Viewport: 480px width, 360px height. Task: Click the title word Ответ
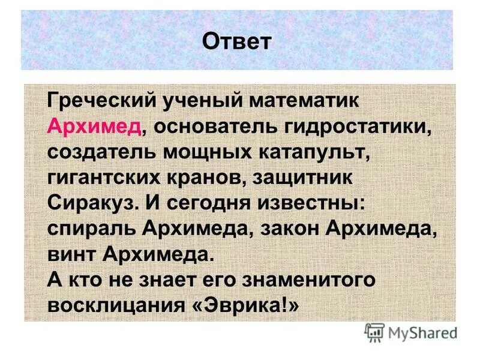237,41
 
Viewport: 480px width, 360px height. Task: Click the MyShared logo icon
374,332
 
